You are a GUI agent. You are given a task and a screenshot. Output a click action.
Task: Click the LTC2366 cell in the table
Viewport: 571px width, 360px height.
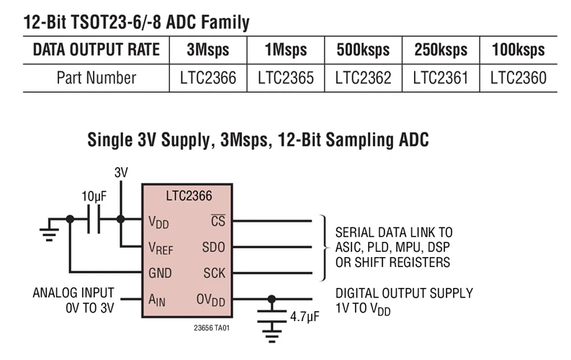[208, 78]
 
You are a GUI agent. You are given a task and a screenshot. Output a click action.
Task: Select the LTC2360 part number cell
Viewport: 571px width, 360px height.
[518, 78]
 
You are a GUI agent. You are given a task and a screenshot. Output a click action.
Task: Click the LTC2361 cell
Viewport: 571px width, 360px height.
[441, 78]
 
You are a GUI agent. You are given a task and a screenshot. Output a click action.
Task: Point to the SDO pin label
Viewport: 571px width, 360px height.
[214, 247]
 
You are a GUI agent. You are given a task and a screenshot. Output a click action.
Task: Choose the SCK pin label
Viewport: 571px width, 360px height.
[214, 274]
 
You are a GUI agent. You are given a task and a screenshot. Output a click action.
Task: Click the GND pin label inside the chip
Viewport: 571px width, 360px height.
[160, 274]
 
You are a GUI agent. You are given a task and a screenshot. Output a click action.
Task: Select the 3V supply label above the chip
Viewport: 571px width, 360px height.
[121, 173]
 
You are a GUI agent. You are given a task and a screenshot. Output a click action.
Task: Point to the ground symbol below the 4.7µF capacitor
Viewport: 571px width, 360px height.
[271, 333]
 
